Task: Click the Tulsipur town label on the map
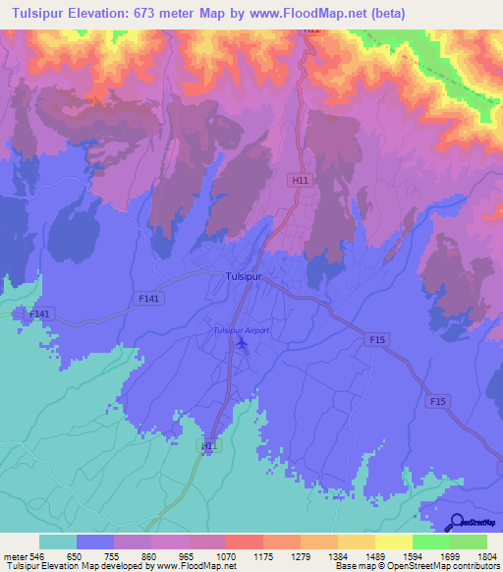238,278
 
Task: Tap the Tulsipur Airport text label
242,330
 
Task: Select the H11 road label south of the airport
208,446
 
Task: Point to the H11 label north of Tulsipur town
298,181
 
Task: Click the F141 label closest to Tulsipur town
150,297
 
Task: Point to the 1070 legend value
226,556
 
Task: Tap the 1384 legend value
338,556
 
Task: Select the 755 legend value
114,556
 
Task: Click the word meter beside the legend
14,556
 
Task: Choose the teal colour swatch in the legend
58,542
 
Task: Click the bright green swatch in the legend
431,542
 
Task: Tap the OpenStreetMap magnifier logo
458,522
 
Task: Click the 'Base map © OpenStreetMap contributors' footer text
416,566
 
